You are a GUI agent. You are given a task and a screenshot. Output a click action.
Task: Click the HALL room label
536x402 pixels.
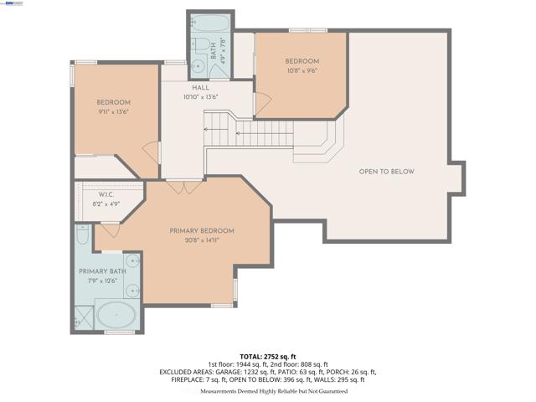click(x=200, y=87)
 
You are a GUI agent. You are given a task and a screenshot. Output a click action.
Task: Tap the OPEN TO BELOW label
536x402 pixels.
click(x=386, y=172)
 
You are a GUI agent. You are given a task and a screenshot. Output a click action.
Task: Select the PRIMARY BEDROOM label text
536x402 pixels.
click(x=201, y=230)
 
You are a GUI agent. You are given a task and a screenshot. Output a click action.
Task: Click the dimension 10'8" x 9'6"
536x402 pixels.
click(x=301, y=71)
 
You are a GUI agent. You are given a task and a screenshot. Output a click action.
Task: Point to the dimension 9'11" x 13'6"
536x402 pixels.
click(x=114, y=111)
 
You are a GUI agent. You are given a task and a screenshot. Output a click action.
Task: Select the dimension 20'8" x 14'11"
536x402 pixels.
click(x=201, y=240)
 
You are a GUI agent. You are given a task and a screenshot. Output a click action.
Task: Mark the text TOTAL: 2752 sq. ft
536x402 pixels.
click(x=267, y=357)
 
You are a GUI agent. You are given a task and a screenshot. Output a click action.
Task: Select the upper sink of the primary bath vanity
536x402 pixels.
click(x=132, y=262)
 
